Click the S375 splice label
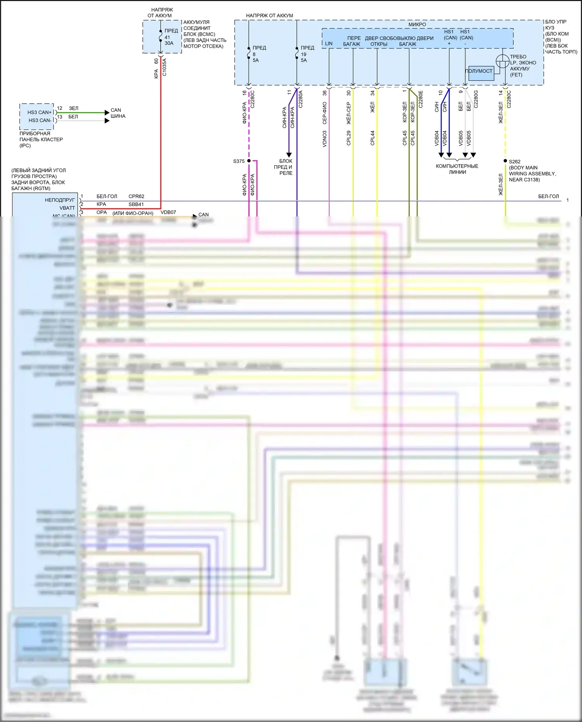click(x=239, y=161)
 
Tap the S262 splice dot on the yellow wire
click(x=505, y=161)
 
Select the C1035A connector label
click(x=164, y=67)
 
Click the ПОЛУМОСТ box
click(x=481, y=72)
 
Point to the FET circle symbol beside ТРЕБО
click(x=502, y=61)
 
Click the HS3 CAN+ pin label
click(x=39, y=113)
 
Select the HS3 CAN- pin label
click(x=40, y=120)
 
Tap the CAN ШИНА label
click(x=118, y=113)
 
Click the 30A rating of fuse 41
click(x=169, y=43)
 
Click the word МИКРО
click(x=417, y=24)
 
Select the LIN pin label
click(x=329, y=43)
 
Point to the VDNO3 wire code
click(x=325, y=139)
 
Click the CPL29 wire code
click(x=348, y=138)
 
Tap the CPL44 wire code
click(x=372, y=138)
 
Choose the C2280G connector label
click(x=476, y=100)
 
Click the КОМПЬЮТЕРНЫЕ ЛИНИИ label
click(x=457, y=169)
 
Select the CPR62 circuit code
click(x=136, y=196)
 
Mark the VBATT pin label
click(x=67, y=208)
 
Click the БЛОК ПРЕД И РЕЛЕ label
click(x=286, y=167)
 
